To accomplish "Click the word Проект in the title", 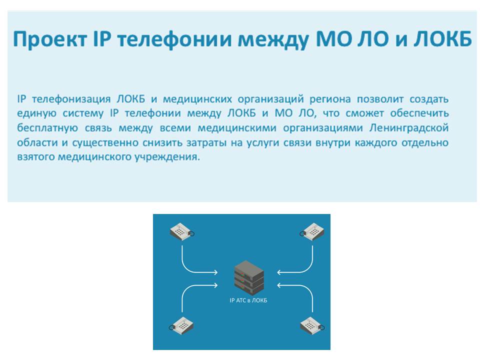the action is (x=50, y=39).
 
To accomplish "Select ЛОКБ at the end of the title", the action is (x=442, y=39).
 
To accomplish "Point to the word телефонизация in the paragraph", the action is (x=71, y=99).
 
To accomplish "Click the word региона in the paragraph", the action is (x=330, y=99).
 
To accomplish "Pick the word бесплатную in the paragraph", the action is (x=47, y=127).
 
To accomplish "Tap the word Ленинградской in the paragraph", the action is (x=409, y=127).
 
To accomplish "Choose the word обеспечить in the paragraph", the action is (x=419, y=113).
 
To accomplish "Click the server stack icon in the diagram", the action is (x=249, y=278).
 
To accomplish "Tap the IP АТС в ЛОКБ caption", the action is (x=248, y=300).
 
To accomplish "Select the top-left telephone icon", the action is (x=182, y=231).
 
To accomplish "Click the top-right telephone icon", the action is (x=312, y=231).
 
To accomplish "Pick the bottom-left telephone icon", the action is (x=181, y=325).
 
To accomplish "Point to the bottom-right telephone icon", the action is (x=312, y=325).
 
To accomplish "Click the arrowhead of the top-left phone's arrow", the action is (x=216, y=272).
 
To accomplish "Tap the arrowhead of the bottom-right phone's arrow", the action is (x=278, y=285).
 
